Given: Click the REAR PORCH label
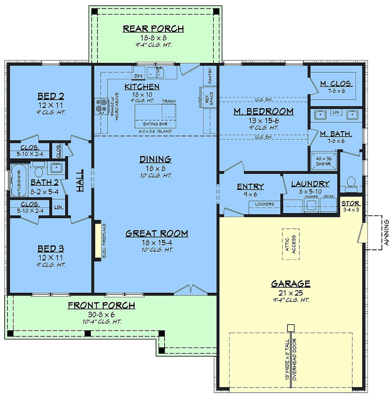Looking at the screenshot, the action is point(153,29).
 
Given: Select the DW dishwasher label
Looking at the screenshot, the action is point(138,76).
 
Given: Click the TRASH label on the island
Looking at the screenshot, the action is point(169,101).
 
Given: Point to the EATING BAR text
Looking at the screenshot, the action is point(155,124).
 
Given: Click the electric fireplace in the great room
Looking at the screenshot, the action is point(98,241).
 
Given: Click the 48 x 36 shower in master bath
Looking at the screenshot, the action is point(324,161).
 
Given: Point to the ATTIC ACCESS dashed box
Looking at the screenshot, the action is point(291,244).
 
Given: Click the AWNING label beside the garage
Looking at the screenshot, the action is point(386,232).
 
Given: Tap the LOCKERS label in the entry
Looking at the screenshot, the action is point(265,204).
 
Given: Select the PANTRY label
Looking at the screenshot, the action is point(210,76).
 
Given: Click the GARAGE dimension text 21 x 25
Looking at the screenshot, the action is point(291,293).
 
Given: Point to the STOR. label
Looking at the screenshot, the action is point(351,203).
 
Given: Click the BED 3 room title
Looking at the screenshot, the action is point(51,249).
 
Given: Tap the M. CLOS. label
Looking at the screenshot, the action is point(336,84).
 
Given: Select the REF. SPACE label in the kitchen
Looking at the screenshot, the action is point(209,98).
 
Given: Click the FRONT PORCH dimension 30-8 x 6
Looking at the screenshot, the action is point(101,315).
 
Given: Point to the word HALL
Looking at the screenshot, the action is point(80,181).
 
